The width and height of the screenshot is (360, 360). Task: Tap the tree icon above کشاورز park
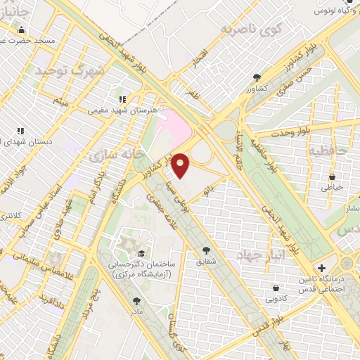coord(257,77)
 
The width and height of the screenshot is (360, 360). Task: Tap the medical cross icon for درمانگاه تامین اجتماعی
coord(322,269)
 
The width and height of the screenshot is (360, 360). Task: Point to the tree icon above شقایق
coord(206,250)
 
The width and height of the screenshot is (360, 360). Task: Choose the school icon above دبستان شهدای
coord(20,130)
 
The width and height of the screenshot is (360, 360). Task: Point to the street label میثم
coord(61,103)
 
